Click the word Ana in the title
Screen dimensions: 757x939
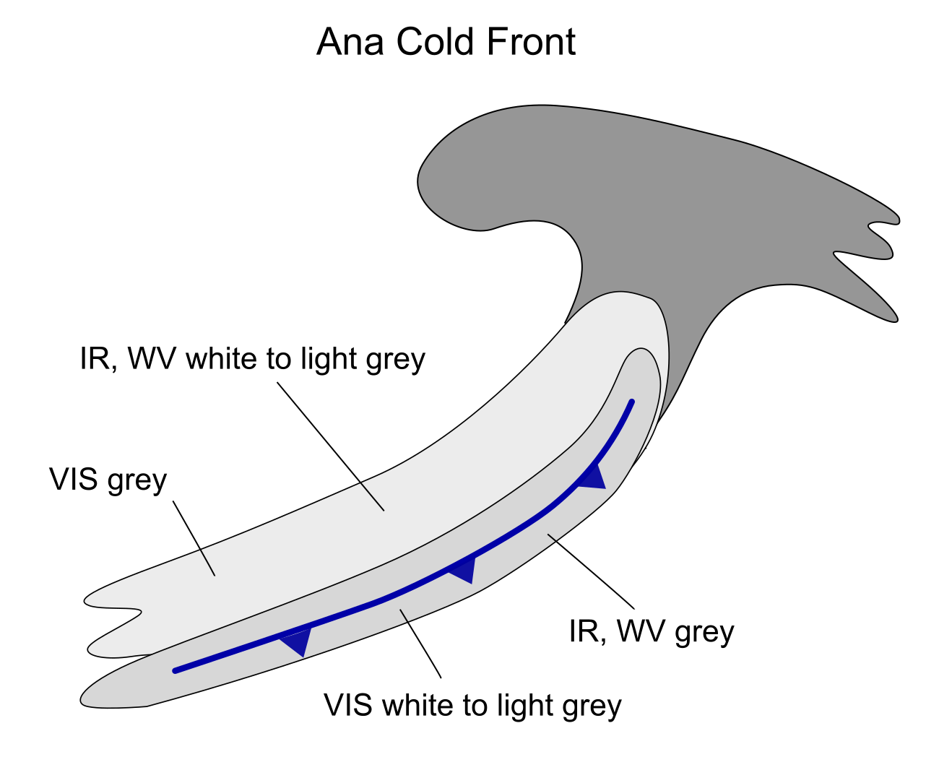click(x=350, y=42)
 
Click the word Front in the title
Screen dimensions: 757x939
click(x=531, y=42)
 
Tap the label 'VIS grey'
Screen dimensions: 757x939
click(x=108, y=480)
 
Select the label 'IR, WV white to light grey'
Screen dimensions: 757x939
click(x=253, y=359)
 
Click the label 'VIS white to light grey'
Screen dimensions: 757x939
click(x=472, y=706)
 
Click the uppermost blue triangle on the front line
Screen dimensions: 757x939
click(x=592, y=477)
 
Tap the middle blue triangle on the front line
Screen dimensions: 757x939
click(x=463, y=570)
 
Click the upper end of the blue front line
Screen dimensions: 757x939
click(x=632, y=402)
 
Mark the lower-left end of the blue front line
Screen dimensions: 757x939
click(x=176, y=670)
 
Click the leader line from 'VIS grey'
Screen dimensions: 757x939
click(x=194, y=538)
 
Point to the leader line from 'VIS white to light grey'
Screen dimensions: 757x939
click(x=421, y=643)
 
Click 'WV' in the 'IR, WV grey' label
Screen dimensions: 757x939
click(x=641, y=631)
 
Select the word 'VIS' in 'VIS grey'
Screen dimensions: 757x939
click(x=73, y=480)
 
